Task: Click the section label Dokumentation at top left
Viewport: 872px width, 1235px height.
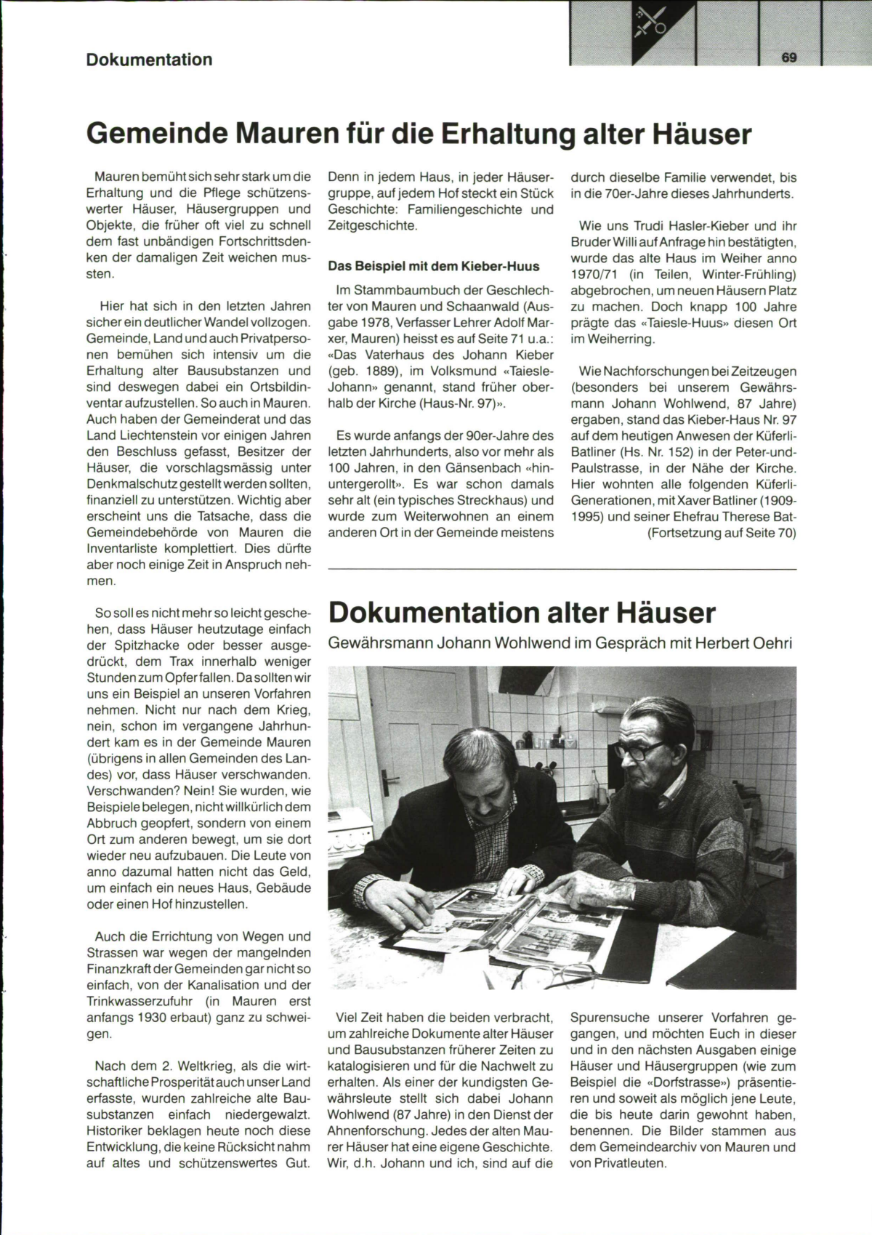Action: (x=149, y=60)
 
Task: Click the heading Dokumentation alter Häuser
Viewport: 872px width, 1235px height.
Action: (x=522, y=613)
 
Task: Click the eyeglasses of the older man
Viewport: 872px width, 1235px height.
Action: (x=640, y=751)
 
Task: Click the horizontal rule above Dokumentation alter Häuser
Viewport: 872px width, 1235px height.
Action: (x=562, y=568)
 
